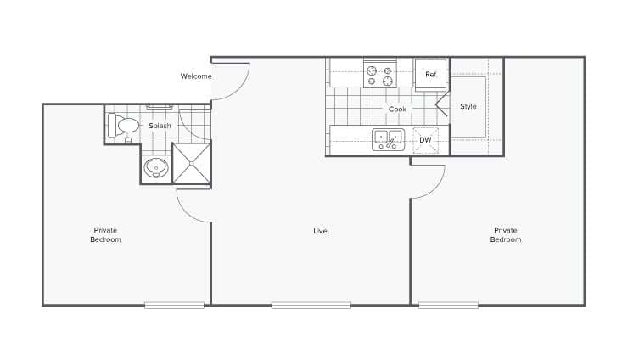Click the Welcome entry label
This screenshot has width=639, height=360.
click(195, 76)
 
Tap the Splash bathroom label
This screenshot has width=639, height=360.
click(160, 126)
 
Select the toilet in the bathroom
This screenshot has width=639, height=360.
click(124, 126)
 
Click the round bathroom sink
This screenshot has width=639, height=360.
click(156, 167)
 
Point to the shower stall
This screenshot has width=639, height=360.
click(192, 163)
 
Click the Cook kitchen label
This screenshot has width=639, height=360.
click(398, 110)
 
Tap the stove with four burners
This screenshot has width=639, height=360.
click(381, 74)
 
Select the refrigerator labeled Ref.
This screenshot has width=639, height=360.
click(431, 75)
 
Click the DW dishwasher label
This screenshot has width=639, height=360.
click(425, 140)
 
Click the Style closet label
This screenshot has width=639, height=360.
click(468, 107)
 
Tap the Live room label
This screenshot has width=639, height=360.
click(320, 231)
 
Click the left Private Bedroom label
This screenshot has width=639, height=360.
click(106, 235)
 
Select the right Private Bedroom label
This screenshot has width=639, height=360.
click(506, 235)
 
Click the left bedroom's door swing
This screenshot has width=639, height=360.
click(192, 206)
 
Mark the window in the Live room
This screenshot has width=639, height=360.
click(311, 305)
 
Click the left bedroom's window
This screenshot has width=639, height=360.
click(174, 305)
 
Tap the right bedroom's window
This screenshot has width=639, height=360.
click(448, 305)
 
